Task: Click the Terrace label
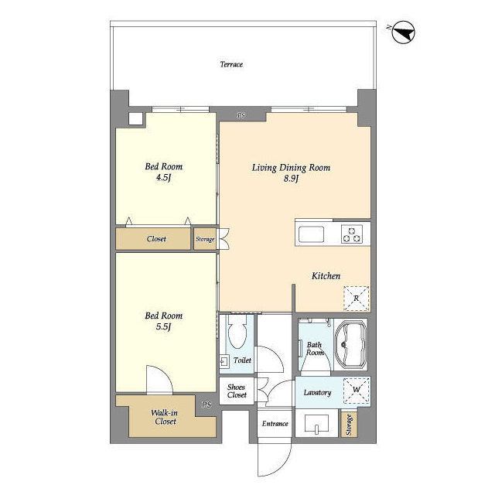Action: (231, 64)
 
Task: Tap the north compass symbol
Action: (403, 32)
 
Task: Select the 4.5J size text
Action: (163, 178)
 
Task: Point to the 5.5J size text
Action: (163, 326)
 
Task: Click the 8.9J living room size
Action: (291, 179)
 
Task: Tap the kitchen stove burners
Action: (351, 234)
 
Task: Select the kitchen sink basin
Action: (311, 234)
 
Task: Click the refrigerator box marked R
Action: (356, 299)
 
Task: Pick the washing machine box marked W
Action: (356, 390)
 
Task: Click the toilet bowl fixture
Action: (237, 332)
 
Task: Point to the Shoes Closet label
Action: (237, 391)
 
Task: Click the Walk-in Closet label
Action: (165, 417)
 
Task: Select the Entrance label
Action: (275, 424)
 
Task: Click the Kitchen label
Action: (326, 276)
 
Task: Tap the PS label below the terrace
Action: (241, 115)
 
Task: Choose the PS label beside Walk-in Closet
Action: (207, 405)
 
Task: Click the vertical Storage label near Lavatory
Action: (349, 425)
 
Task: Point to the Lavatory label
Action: (317, 393)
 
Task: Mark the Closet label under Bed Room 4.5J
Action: (156, 239)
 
